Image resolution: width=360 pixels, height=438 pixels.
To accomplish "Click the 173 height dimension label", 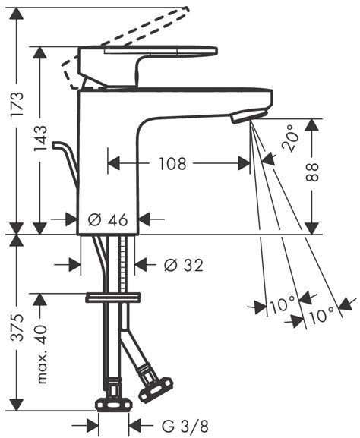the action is click(x=17, y=104).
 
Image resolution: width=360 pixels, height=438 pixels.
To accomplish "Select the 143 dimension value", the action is click(x=40, y=139).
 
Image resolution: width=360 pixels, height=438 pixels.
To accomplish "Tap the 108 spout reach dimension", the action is click(x=172, y=164).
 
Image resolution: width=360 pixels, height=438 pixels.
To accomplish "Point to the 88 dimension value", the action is click(x=312, y=172).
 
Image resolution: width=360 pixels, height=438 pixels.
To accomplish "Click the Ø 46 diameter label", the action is click(x=108, y=220).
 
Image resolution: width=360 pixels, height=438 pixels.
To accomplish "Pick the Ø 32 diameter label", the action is click(x=183, y=265).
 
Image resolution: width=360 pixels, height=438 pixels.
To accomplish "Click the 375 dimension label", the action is click(x=17, y=328).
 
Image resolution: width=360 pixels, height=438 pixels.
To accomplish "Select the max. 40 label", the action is click(x=42, y=354).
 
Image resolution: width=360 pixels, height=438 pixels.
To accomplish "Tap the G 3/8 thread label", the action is click(x=185, y=426).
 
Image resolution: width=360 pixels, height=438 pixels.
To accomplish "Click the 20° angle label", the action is click(x=289, y=138).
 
